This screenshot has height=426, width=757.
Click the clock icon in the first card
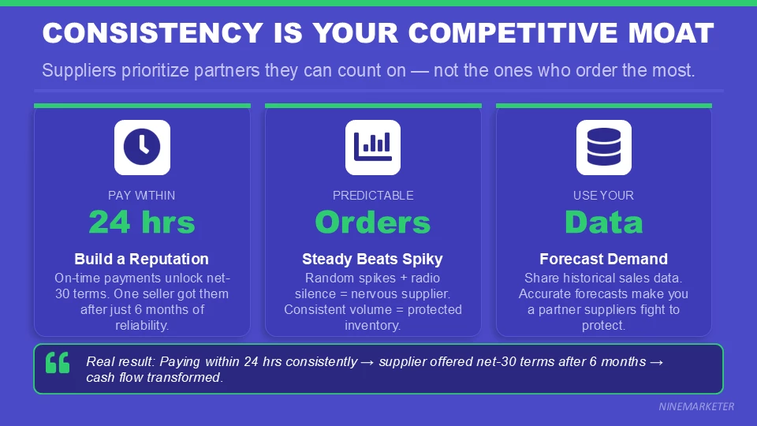pyautogui.click(x=142, y=147)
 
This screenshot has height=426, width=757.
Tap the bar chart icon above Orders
pyautogui.click(x=373, y=147)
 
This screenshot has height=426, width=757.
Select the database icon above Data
pyautogui.click(x=603, y=147)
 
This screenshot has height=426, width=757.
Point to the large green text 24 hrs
pyautogui.click(x=142, y=222)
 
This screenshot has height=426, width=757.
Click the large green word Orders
pyautogui.click(x=373, y=222)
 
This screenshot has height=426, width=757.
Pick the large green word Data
pyautogui.click(x=603, y=222)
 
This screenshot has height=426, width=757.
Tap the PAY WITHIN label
pyautogui.click(x=142, y=195)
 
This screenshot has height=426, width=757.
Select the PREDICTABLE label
pyautogui.click(x=373, y=195)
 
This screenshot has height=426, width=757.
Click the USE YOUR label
pyautogui.click(x=603, y=195)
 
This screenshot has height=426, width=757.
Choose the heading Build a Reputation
pyautogui.click(x=142, y=259)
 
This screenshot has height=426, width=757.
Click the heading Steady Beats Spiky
pyautogui.click(x=373, y=259)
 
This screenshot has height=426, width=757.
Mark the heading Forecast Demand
pyautogui.click(x=603, y=259)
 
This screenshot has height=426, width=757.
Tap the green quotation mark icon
pyautogui.click(x=58, y=363)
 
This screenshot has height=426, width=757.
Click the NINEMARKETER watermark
pyautogui.click(x=696, y=406)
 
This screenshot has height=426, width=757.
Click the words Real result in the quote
pyautogui.click(x=121, y=361)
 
